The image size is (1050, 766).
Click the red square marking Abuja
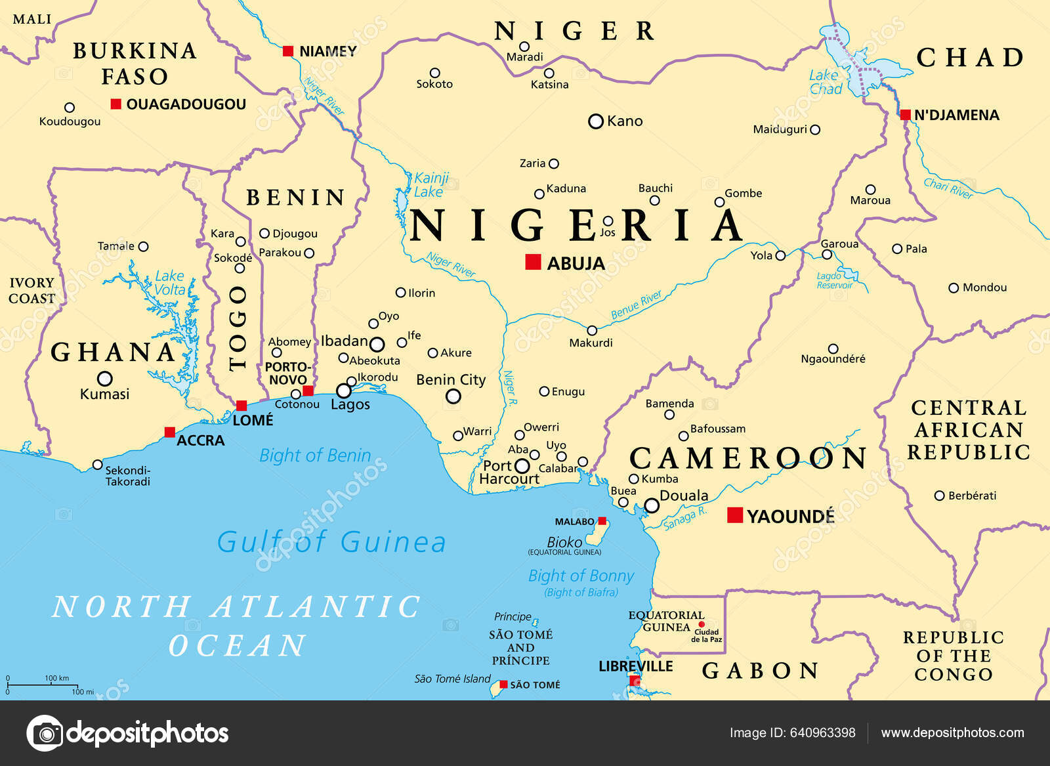(x=533, y=262)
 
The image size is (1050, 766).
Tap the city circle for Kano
(x=595, y=121)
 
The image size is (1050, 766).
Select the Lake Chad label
(x=825, y=82)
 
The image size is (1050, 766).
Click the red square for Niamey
(x=287, y=51)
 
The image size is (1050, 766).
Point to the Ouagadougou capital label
(x=186, y=104)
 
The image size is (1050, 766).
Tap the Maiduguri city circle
(x=815, y=130)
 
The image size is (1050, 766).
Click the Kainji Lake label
(x=430, y=185)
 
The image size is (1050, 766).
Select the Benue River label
(x=636, y=305)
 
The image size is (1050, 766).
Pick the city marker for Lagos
(x=343, y=391)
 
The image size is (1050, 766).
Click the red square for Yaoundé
(x=735, y=515)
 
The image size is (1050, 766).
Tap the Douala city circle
(x=651, y=505)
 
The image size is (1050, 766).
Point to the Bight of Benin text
(x=315, y=456)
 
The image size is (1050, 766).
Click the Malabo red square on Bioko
(x=602, y=521)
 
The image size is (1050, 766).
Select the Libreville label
(x=635, y=666)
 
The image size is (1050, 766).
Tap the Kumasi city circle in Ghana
(x=104, y=379)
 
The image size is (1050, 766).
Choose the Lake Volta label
(x=169, y=283)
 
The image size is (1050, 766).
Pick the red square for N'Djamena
(x=905, y=116)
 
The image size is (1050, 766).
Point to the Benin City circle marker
(x=453, y=396)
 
